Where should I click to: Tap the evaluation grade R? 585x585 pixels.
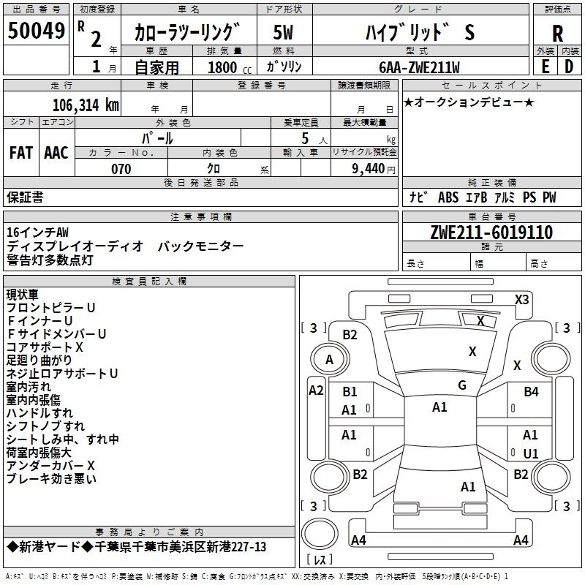(x=557, y=34)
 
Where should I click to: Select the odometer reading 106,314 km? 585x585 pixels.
(x=86, y=105)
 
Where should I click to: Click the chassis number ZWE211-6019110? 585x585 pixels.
(x=491, y=233)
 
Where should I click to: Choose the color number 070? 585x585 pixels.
(x=121, y=169)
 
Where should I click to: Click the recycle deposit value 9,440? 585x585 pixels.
(x=369, y=169)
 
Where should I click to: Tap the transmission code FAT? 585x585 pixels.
(x=20, y=153)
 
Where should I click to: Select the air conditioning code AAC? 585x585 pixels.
(x=56, y=153)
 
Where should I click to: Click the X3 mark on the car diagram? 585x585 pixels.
(x=521, y=299)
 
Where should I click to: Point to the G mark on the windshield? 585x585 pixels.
(x=462, y=385)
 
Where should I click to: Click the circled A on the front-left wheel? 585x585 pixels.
(x=329, y=359)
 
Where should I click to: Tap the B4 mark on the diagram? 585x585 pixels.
(x=531, y=392)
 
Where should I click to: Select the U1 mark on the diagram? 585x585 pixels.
(x=531, y=453)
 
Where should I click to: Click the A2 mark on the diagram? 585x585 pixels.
(x=316, y=390)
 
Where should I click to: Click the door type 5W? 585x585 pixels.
(x=282, y=33)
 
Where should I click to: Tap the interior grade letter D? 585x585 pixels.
(x=568, y=66)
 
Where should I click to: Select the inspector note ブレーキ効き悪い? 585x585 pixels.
(x=51, y=479)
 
